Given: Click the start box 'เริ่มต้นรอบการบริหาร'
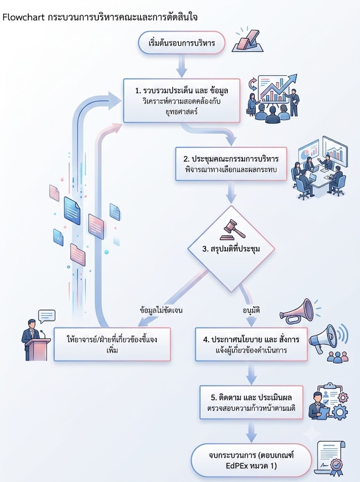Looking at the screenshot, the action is coord(182,43).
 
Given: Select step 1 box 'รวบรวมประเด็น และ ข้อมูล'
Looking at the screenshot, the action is coord(182,101).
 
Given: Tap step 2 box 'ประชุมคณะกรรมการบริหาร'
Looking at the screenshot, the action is coord(231,164).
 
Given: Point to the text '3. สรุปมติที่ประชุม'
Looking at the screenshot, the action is coord(231,249).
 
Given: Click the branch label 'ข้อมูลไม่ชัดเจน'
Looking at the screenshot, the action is coord(161,310).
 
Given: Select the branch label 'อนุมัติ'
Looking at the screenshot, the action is coord(251,310).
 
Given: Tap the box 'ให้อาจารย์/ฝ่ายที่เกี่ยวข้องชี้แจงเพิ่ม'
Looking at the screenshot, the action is coord(112,344).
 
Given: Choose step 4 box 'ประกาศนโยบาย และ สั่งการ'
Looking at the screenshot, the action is coord(251,344).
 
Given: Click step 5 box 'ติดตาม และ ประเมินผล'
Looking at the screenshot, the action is coord(251,402).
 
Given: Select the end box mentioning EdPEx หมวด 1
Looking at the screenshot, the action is coord(251,460).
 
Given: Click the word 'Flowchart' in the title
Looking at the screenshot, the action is coord(23,17).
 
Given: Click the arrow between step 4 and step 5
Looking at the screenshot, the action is coord(251,373).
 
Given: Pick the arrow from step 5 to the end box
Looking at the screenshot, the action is coord(251,431).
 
